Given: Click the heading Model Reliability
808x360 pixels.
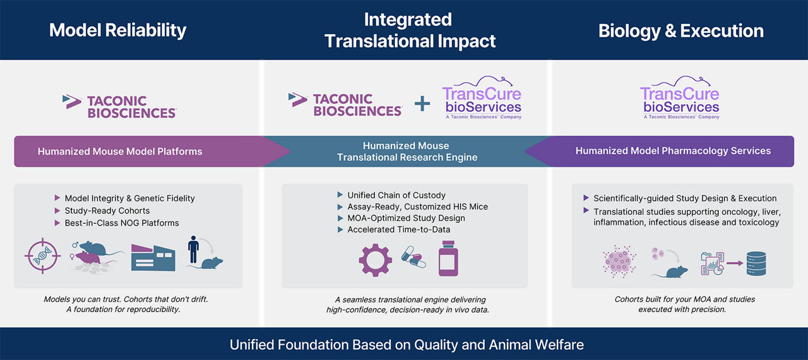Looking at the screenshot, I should [117, 30].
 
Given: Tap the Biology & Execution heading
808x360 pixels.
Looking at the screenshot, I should [680, 30].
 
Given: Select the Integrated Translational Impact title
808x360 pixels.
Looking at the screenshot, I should [410, 30].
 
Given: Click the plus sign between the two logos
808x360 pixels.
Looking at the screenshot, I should [422, 103].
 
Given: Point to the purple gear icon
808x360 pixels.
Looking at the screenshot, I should [375, 260].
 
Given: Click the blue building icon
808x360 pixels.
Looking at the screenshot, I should [153, 255].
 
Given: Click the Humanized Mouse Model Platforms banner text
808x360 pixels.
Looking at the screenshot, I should [120, 152].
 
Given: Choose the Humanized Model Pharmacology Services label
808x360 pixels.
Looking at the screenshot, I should [673, 151].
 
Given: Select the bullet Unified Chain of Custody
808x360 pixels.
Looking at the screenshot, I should [396, 195].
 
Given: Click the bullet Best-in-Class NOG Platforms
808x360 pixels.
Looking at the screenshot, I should [122, 222].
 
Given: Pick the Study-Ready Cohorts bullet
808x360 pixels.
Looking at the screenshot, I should [107, 210].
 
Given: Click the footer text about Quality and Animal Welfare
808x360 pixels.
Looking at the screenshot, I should [407, 344].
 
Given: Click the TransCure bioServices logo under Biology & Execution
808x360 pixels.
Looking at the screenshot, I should [679, 100].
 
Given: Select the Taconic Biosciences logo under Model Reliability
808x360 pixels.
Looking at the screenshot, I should [119, 105].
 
